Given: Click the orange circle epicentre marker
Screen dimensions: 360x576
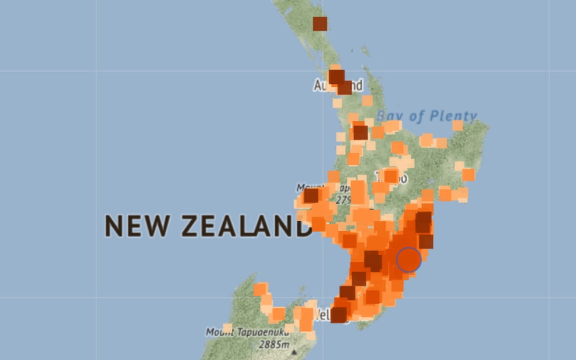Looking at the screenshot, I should coord(408,260).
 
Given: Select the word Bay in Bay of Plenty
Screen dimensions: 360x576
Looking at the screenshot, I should coord(390,116).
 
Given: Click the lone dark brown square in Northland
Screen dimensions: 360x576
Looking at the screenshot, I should coord(320,24).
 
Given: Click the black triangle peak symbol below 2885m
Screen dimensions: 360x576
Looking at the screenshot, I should coord(294,352).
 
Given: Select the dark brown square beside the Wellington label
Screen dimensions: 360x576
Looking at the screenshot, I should coord(338,314).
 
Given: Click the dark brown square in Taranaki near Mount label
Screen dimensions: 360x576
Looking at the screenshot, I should coord(311,195).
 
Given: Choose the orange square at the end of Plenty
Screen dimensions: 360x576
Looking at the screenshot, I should coord(457,126).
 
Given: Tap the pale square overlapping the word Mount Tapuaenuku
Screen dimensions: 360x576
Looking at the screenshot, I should coord(228,328).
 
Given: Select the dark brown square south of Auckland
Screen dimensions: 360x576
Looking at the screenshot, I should coord(360,132).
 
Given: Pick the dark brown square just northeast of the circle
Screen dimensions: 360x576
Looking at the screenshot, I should coord(426,241).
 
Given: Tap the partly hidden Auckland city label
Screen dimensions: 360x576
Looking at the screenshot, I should coord(338,86).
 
